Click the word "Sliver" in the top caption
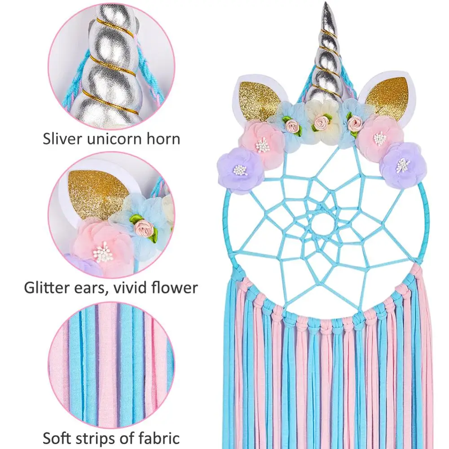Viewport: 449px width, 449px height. click(62, 138)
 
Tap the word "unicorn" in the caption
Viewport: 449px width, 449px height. click(116, 138)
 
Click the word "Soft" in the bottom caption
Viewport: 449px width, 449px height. click(60, 438)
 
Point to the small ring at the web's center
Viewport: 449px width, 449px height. click(322, 224)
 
